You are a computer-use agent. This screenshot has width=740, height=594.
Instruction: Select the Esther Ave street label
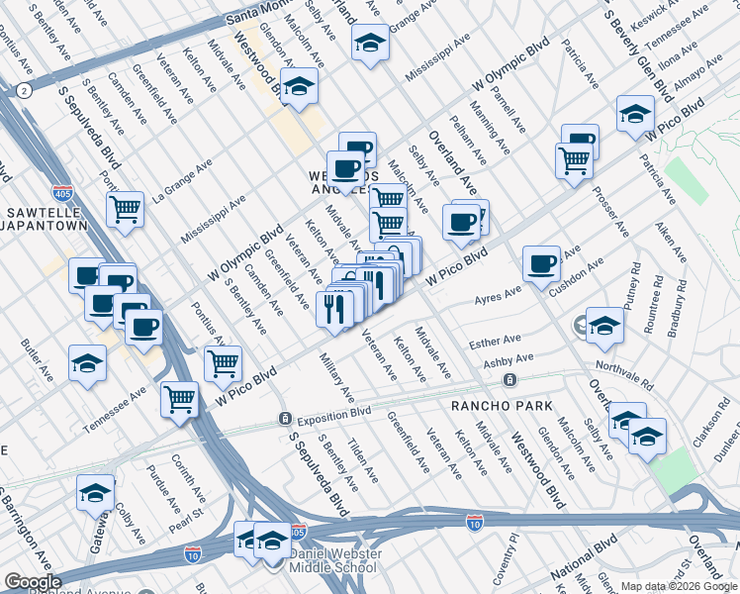tap(495, 342)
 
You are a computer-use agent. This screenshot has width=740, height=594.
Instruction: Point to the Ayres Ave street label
tap(497, 295)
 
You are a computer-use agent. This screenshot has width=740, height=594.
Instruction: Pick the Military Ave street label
tap(337, 375)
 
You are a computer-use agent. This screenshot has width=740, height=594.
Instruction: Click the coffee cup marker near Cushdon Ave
tap(541, 264)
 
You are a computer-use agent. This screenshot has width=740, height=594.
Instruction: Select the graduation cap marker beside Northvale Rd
tap(604, 327)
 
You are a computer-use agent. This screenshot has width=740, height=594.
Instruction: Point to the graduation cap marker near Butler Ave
tap(87, 363)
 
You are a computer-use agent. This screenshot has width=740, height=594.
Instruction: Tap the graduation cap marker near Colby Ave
tap(96, 493)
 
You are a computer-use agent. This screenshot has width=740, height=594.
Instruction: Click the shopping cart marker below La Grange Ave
tap(126, 210)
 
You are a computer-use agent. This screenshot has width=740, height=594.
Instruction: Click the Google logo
tap(33, 582)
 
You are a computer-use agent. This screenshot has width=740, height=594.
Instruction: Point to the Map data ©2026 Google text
tap(679, 586)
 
